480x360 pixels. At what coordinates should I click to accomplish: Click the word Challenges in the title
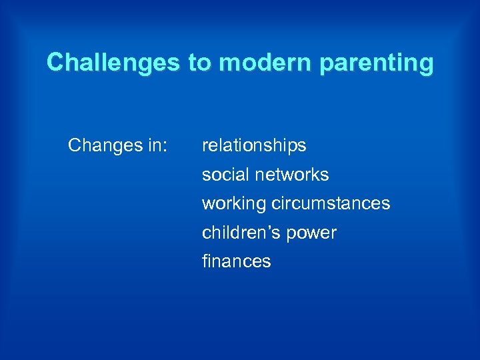pos(113,63)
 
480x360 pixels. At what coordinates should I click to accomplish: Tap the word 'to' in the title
pos(199,63)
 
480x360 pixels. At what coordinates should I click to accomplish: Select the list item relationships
pos(254,146)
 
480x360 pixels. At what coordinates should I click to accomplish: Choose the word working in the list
pos(234,204)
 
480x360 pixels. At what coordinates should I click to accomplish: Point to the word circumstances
pos(331,203)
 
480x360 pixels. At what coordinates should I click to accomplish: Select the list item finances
pos(237,261)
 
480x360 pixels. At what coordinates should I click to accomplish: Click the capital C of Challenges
pos(55,63)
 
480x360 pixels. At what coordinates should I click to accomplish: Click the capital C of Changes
pos(75,145)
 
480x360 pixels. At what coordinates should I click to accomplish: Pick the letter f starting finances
pos(205,261)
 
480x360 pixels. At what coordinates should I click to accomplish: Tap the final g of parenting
pos(426,66)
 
